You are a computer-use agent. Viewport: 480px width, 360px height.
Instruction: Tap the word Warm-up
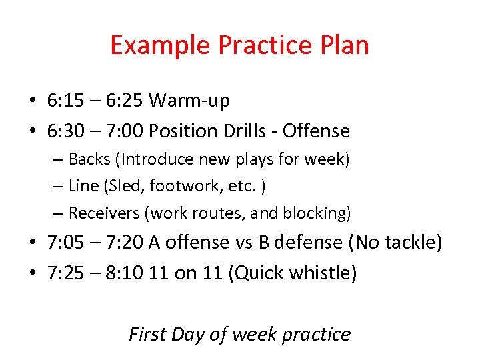point(189,101)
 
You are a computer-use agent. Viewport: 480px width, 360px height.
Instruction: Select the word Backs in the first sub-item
point(86,159)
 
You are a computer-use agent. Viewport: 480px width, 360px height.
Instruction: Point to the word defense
point(303,243)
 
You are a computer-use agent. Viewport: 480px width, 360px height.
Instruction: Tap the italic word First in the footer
point(147,333)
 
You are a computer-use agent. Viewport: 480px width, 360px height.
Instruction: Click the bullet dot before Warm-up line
point(33,101)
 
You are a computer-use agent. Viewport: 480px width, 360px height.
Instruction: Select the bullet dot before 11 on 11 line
point(33,273)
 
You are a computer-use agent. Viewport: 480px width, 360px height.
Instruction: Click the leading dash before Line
point(59,187)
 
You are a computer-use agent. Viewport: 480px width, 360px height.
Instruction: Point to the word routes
point(217,213)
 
